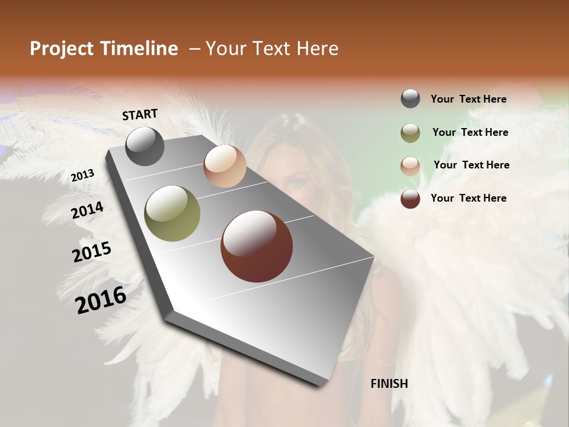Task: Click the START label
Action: tap(140, 114)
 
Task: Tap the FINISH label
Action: tap(389, 384)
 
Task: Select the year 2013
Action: tap(82, 176)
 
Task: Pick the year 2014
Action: tap(87, 211)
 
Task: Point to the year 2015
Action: tap(92, 252)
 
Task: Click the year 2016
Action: tap(101, 299)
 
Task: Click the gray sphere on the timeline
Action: tap(145, 146)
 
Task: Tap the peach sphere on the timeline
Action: tap(225, 166)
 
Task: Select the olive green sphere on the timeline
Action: tap(172, 213)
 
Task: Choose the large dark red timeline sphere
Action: tap(257, 246)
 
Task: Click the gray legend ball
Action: tap(410, 99)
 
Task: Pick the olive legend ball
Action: tap(410, 133)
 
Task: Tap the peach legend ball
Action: tap(410, 166)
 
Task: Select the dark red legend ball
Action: tap(410, 199)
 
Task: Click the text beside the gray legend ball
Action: tap(469, 100)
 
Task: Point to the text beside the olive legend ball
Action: tap(470, 132)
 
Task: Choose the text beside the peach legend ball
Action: tap(471, 165)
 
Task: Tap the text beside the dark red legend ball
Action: tap(469, 198)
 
